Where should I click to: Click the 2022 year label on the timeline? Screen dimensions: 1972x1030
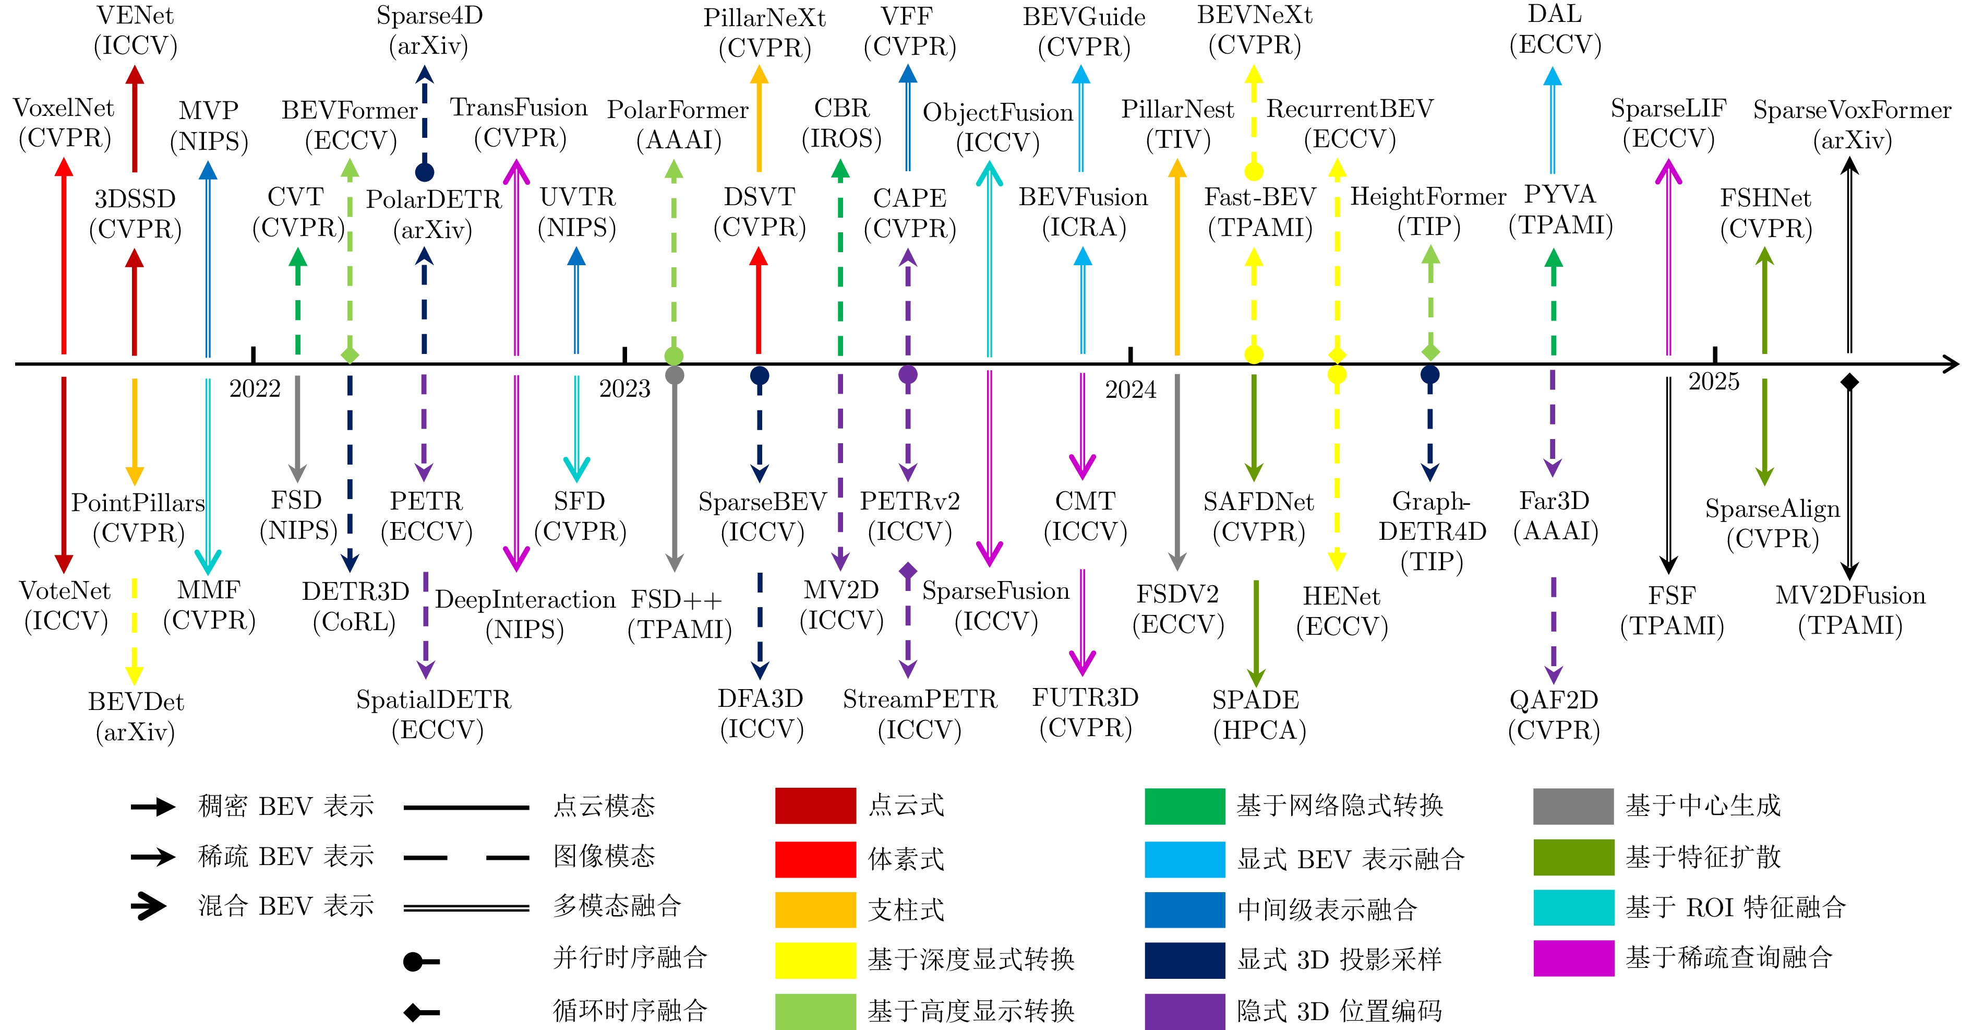255,388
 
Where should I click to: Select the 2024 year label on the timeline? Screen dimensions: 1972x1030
1131,390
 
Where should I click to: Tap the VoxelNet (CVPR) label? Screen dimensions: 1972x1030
64,123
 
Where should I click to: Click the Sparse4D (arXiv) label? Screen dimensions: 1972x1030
429,31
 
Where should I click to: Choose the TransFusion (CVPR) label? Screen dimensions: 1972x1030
519,123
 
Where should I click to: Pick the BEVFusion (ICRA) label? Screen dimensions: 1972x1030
1083,212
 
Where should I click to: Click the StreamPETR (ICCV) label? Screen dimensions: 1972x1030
920,715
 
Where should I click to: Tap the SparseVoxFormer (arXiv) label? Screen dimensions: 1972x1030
1852,125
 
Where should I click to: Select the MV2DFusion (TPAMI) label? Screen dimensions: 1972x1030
1850,610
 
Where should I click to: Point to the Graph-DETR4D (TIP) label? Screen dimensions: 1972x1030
1432,531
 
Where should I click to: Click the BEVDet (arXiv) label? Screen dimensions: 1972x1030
136,717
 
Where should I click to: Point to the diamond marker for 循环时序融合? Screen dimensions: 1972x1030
413,1012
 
